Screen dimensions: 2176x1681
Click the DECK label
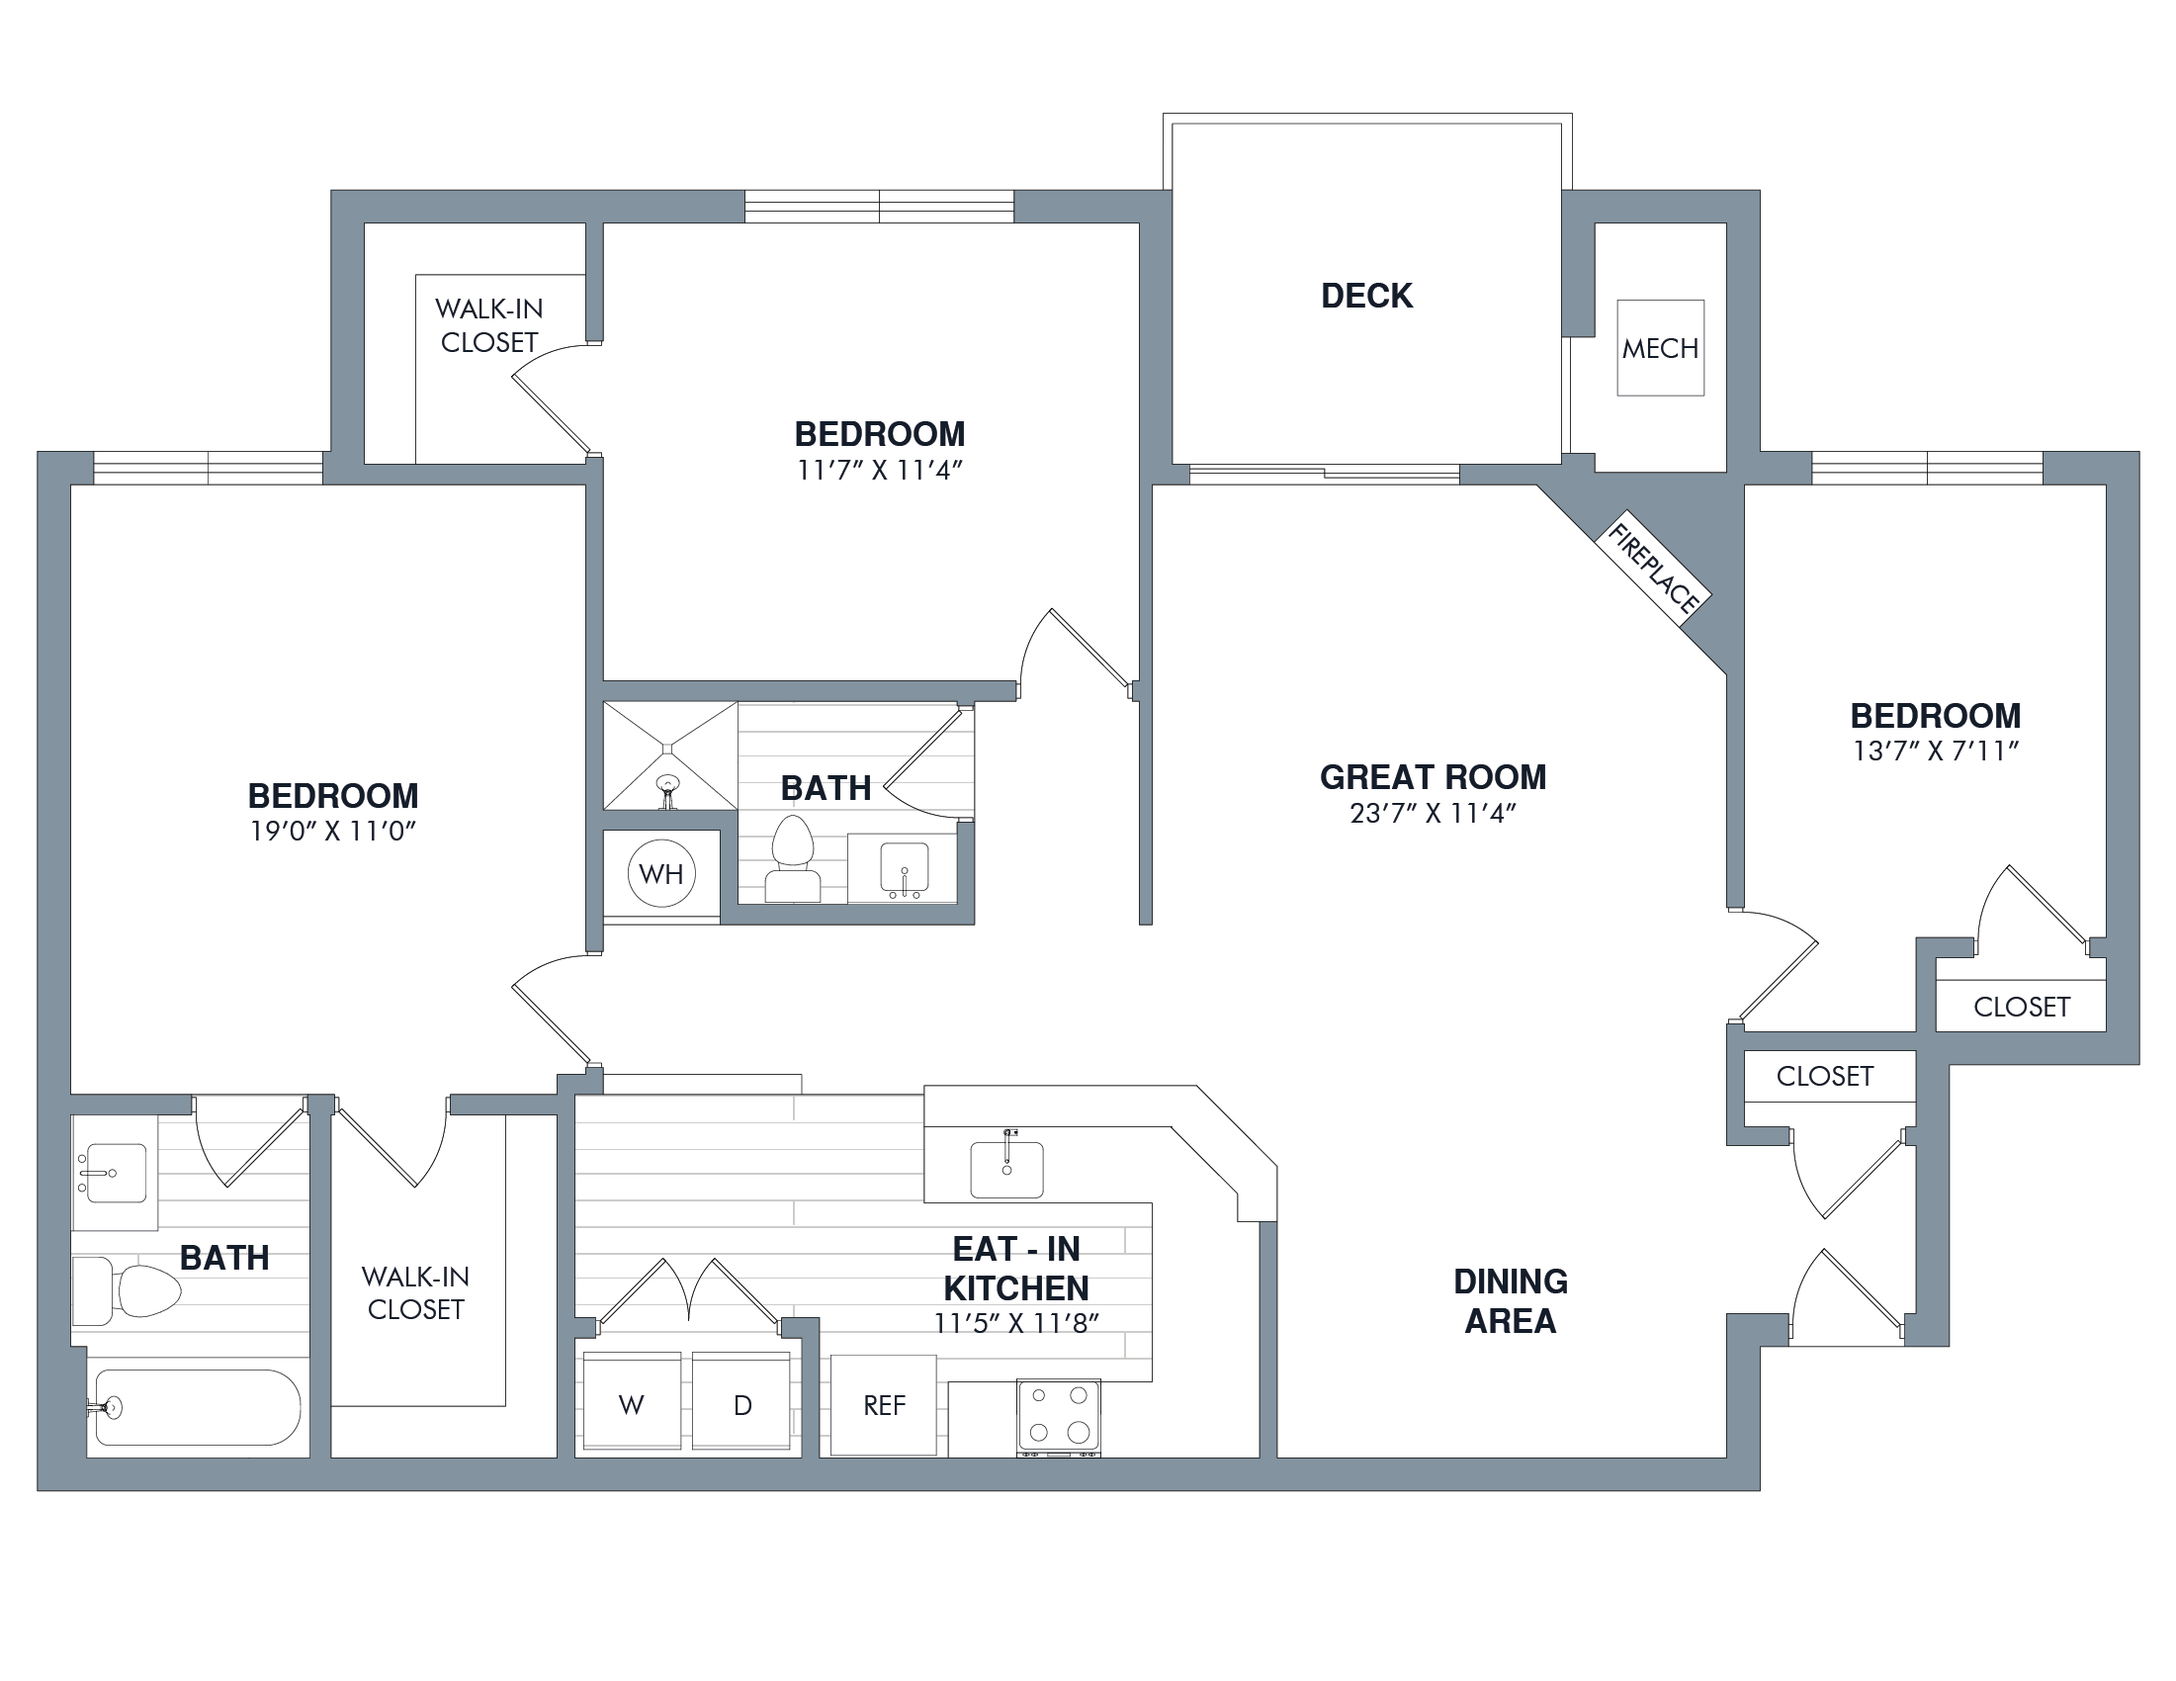1366,296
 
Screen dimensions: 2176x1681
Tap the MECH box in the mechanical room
1660,348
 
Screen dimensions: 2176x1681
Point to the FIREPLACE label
1654,569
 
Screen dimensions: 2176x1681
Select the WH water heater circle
661,874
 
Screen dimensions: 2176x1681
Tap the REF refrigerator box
884,1405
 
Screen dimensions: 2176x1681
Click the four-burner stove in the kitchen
1058,1418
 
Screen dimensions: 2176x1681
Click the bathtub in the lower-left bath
198,1407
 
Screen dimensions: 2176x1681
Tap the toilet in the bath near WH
793,860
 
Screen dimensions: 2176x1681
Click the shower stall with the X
670,756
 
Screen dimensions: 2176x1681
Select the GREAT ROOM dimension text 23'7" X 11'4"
1433,814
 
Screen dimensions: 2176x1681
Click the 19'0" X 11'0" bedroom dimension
333,831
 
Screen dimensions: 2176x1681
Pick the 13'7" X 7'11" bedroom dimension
1935,752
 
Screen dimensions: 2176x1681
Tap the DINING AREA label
1511,1300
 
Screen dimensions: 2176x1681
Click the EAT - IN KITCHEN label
1016,1268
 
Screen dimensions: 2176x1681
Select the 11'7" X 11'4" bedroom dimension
880,471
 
